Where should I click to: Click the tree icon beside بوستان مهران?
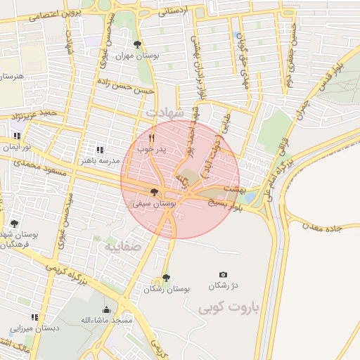coord(136,44)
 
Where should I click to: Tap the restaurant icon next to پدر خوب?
coord(152,139)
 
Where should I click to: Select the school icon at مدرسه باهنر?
coord(100,149)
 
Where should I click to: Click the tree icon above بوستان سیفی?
coord(154,192)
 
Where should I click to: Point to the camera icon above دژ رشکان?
coord(224,275)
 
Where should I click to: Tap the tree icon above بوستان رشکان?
coord(166,278)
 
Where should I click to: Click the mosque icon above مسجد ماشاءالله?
coord(106,309)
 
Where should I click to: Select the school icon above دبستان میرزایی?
coord(34,317)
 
